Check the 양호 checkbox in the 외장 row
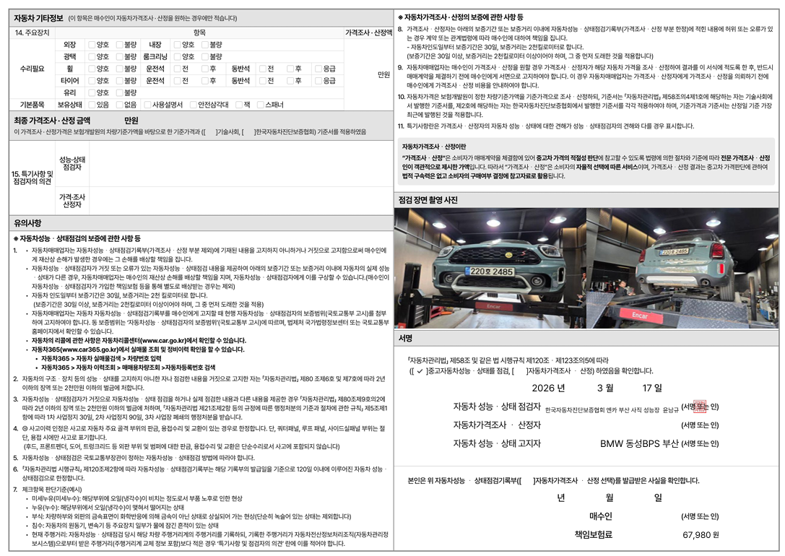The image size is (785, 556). (92, 45)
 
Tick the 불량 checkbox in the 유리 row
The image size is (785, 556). (120, 92)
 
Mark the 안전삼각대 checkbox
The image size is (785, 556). (193, 105)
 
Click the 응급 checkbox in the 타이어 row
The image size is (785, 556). (318, 80)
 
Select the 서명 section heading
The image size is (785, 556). (406, 338)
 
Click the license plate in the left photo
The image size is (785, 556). (492, 272)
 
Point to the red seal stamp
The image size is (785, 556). (698, 407)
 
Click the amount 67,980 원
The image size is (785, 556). (700, 535)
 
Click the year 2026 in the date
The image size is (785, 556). (549, 388)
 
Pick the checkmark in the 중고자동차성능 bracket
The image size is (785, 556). (420, 371)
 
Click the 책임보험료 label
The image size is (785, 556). (593, 534)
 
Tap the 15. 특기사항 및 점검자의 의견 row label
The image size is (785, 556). (32, 178)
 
